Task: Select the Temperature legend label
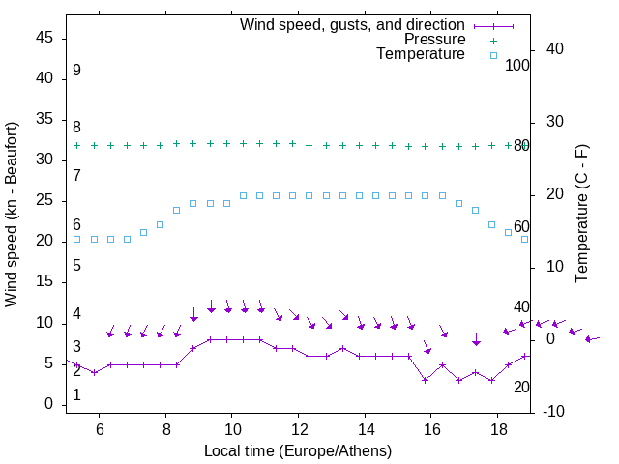[421, 54]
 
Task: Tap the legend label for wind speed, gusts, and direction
[353, 24]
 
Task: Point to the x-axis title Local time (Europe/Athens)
[298, 450]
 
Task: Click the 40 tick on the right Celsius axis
[555, 48]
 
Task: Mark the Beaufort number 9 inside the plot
[76, 71]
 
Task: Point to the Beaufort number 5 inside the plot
[76, 265]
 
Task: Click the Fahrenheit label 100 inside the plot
[517, 65]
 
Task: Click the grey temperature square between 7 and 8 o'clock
[143, 232]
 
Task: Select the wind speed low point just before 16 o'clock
[426, 380]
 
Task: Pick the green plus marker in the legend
[493, 40]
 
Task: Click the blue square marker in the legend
[493, 55]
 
